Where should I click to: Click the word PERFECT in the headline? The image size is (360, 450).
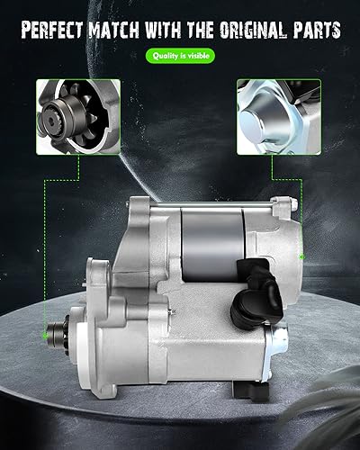pos(52,30)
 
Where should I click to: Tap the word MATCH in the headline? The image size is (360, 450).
pos(114,30)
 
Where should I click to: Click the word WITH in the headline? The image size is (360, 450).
pos(163,30)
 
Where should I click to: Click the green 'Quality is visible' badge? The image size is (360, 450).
pos(180,56)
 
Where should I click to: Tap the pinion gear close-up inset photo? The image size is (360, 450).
pos(78,117)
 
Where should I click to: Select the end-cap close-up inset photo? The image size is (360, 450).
pos(279,117)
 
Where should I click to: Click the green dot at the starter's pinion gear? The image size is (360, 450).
pos(45,336)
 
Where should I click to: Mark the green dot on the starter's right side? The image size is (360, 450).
pos(302,256)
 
